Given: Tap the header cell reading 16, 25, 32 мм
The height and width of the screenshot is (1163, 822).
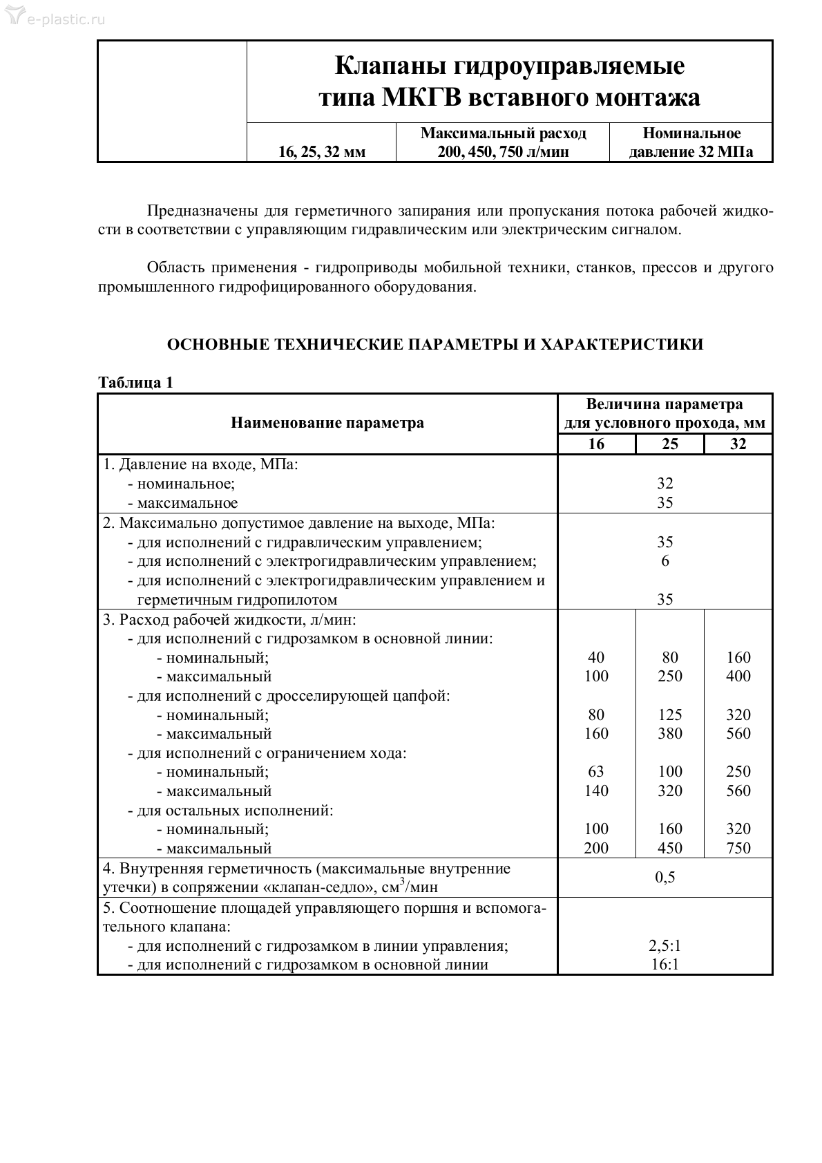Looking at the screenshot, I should pyautogui.click(x=322, y=152).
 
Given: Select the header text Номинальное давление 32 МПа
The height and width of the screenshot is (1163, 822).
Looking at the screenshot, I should pyautogui.click(x=691, y=142).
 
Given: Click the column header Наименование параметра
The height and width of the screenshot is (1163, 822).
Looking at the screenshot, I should pyautogui.click(x=327, y=423).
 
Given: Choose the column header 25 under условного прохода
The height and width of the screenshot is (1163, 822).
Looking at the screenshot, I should pyautogui.click(x=670, y=444).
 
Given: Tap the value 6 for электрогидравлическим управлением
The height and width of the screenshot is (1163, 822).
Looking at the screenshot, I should pyautogui.click(x=665, y=560).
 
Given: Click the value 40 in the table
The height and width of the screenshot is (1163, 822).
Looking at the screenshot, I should pyautogui.click(x=596, y=657).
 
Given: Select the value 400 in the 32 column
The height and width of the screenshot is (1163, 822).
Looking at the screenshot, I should pyautogui.click(x=738, y=676).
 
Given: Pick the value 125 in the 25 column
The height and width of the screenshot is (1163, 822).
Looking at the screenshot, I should pyautogui.click(x=670, y=715).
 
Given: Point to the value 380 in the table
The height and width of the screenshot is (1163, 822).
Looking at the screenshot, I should pyautogui.click(x=670, y=733).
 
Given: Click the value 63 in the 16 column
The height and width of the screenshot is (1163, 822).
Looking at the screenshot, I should pyautogui.click(x=596, y=771).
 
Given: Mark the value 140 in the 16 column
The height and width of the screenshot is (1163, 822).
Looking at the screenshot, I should pyautogui.click(x=596, y=791).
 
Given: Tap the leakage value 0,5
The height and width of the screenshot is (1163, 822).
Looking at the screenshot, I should pyautogui.click(x=665, y=878).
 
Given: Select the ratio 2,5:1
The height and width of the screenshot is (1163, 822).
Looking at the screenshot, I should pyautogui.click(x=665, y=946).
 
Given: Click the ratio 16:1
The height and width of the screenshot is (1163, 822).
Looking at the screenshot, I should pyautogui.click(x=665, y=965).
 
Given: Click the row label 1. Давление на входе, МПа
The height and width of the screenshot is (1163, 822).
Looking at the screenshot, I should pyautogui.click(x=200, y=464).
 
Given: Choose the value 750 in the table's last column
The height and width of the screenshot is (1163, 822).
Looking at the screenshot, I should pyautogui.click(x=738, y=848).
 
